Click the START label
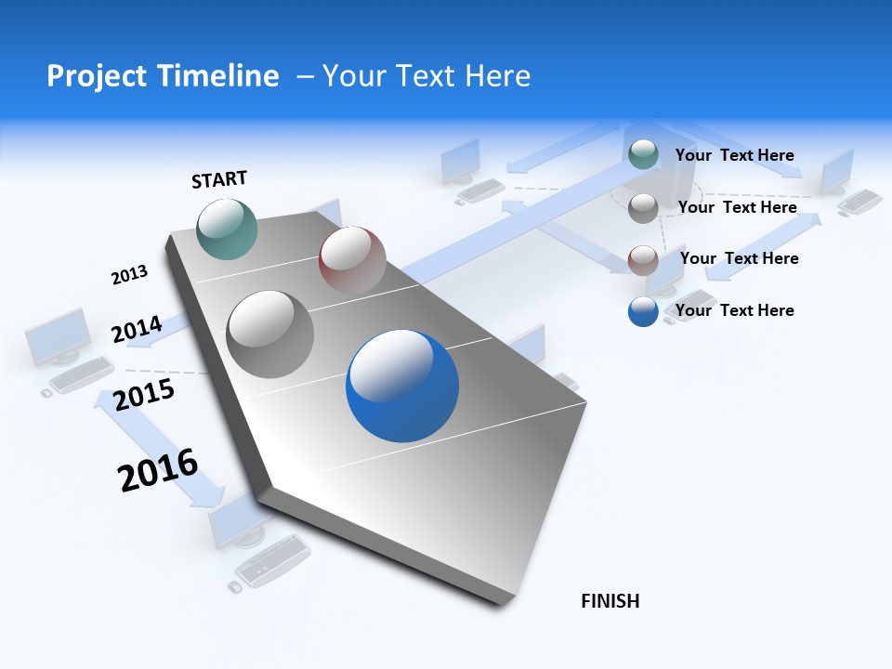point(219,179)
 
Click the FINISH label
point(610,601)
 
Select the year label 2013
point(129,275)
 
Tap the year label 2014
point(137,329)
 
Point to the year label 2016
point(158,469)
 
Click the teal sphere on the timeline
point(228,229)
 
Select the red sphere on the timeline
point(352,259)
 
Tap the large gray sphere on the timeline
point(270,334)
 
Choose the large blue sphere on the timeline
point(402,386)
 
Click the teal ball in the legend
point(643,154)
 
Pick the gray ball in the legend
point(643,208)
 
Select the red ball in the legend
point(643,260)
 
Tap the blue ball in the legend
point(643,311)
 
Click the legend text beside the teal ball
point(734,155)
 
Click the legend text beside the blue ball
point(734,310)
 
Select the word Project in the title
point(91,76)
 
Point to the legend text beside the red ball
point(739,258)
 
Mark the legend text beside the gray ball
point(737,207)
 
